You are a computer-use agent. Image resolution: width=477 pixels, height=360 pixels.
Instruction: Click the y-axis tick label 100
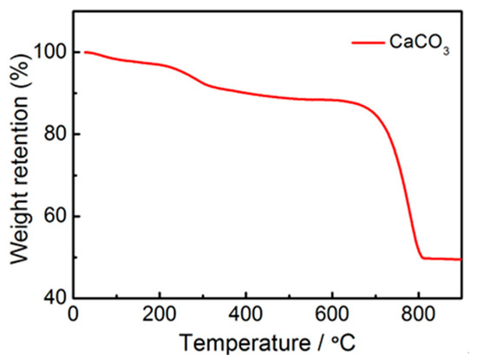[54, 53]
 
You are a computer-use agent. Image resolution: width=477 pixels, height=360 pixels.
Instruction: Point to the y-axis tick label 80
[57, 134]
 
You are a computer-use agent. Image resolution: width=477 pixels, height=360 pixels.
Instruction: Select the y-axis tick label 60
[57, 216]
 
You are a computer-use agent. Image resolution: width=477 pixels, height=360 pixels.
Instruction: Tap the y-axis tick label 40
[57, 297]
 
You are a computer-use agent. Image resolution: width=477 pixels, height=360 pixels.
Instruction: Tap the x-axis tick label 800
[418, 313]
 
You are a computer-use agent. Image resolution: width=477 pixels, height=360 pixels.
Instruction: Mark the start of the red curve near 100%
[84, 52]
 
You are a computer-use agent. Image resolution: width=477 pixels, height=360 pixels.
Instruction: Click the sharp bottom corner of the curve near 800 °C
[422, 258]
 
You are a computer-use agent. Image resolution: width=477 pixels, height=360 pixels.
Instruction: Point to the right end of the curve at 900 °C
[461, 259]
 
